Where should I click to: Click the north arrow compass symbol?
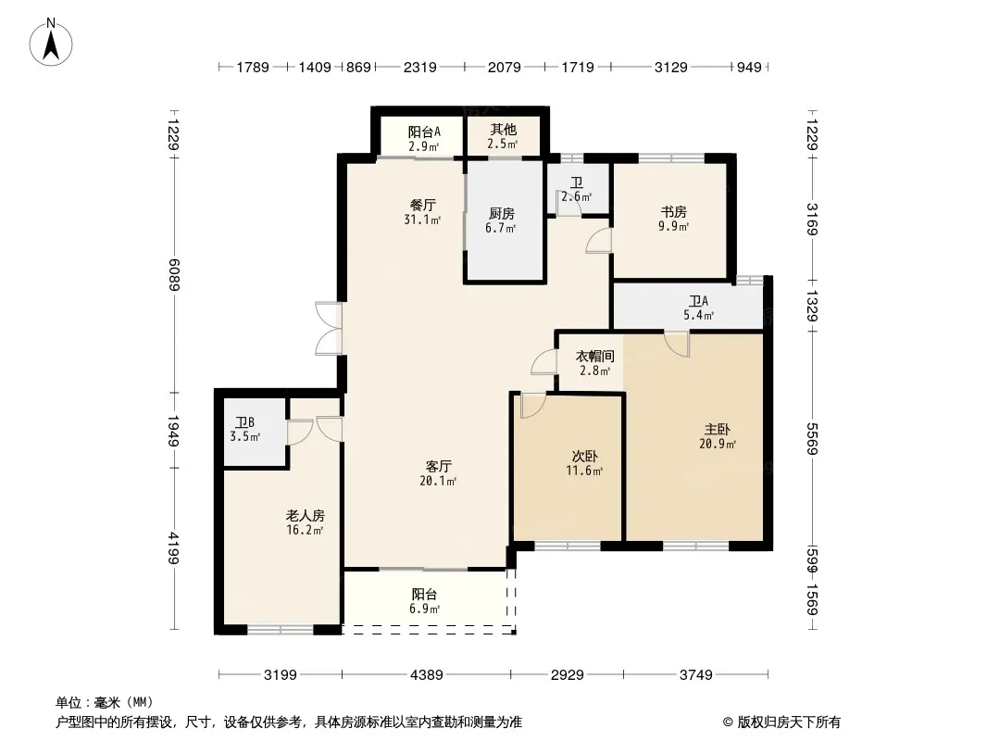51,42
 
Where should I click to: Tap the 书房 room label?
673,219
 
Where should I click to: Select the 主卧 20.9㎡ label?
718,436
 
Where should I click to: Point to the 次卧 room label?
585,463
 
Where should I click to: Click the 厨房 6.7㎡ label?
501,220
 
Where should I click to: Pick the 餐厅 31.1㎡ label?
422,212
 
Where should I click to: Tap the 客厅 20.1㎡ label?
438,473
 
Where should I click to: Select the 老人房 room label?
306,522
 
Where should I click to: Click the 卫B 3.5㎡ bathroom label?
244,430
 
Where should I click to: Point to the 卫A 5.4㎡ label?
699,308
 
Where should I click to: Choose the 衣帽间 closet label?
594,363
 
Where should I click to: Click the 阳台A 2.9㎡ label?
424,139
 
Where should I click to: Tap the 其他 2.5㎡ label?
503,136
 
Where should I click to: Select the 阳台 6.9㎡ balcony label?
424,601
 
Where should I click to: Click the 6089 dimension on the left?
174,275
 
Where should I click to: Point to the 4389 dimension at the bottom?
427,675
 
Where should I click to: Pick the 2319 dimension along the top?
419,67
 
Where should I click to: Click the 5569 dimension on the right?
812,439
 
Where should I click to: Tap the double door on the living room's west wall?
330,329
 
